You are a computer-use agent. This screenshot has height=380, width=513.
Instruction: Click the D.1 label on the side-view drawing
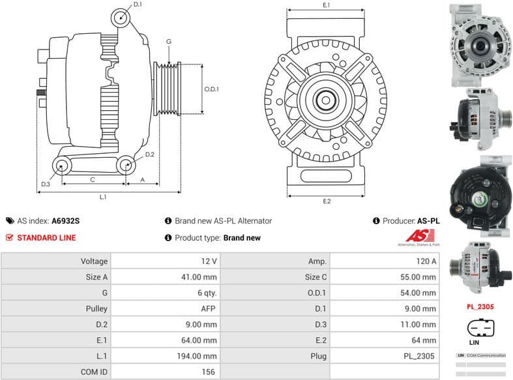coord(137,5)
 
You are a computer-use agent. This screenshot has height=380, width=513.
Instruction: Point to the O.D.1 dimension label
coord(211,89)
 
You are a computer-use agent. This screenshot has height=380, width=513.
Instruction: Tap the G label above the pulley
coord(169,42)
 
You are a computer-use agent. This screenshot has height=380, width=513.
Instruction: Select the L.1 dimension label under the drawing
coord(103,196)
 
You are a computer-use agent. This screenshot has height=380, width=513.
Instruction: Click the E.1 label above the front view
coord(327,5)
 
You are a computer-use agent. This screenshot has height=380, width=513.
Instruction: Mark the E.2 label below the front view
coord(327,201)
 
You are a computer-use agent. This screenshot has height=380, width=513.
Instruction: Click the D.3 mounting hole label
coord(45,184)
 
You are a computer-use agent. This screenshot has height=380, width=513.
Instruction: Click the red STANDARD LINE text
coord(46,238)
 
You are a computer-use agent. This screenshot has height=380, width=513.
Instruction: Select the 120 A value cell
coord(426,261)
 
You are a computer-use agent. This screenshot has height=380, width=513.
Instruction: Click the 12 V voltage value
coord(209,261)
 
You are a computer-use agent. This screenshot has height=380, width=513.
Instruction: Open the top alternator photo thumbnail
coord(479,44)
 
